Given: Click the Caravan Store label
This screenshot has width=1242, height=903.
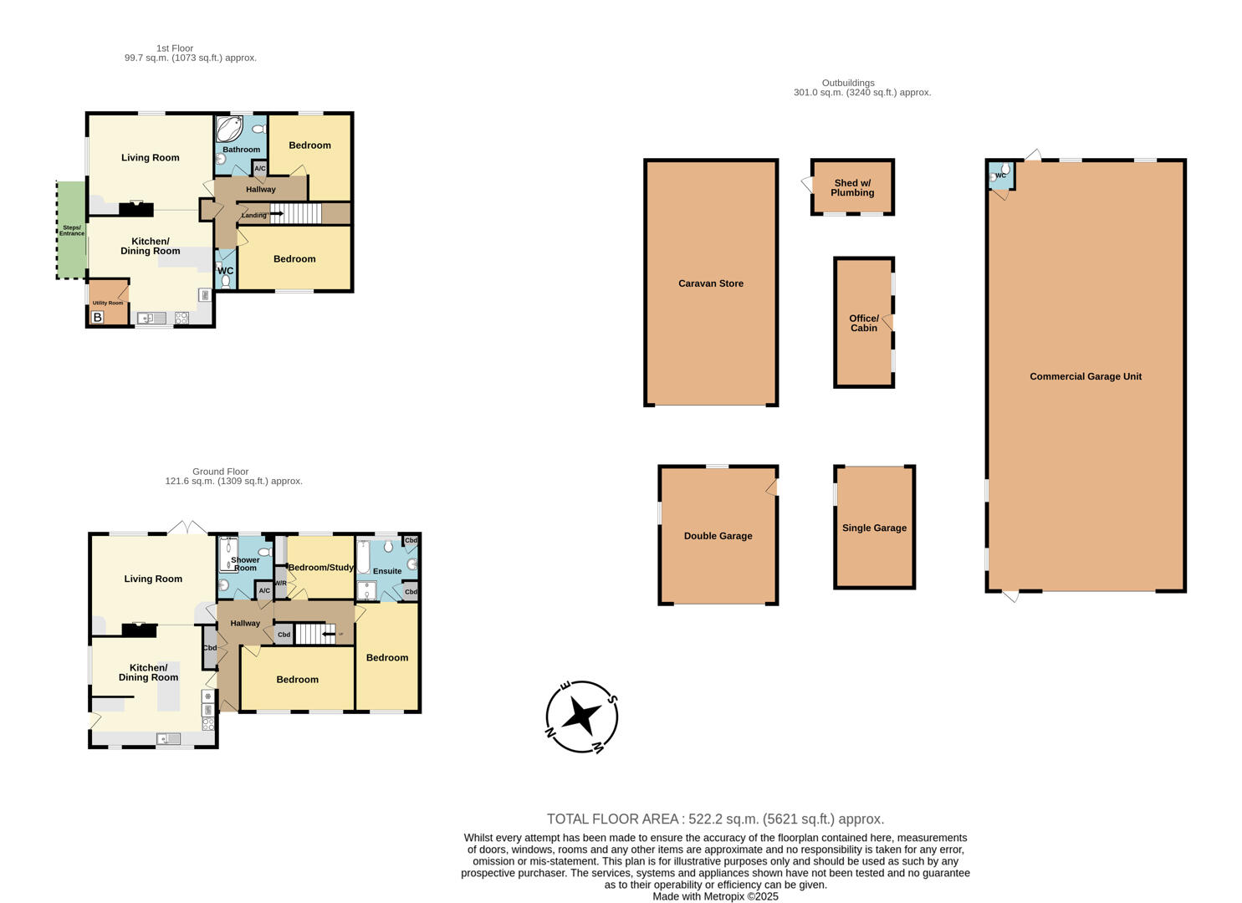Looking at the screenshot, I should [710, 283].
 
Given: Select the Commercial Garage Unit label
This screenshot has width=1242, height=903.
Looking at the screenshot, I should [1085, 376].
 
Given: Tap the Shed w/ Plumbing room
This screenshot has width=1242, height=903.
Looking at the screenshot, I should [851, 187].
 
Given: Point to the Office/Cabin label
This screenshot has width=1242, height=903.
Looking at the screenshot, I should [863, 323].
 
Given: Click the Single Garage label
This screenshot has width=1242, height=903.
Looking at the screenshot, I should [874, 528].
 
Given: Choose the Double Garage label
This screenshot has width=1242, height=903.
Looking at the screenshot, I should [718, 536].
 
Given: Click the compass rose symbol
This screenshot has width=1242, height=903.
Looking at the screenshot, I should [581, 717].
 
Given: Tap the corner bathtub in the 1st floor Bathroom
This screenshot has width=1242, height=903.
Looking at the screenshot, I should [229, 129].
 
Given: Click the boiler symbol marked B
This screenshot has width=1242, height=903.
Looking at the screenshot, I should [97, 318].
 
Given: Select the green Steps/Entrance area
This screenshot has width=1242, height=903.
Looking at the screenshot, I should [71, 230].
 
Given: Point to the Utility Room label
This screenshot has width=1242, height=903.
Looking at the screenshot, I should [107, 303].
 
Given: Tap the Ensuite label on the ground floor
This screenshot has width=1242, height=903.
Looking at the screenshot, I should [387, 571].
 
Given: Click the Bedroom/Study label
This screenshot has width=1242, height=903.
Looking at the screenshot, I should [321, 568].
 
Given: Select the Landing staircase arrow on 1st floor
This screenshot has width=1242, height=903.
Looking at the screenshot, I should [275, 214].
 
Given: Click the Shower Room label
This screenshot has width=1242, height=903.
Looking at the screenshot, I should [245, 564].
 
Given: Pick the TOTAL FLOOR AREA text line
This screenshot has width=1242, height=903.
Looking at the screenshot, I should [715, 819].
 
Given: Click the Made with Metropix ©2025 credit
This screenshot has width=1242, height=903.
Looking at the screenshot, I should [715, 896].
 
